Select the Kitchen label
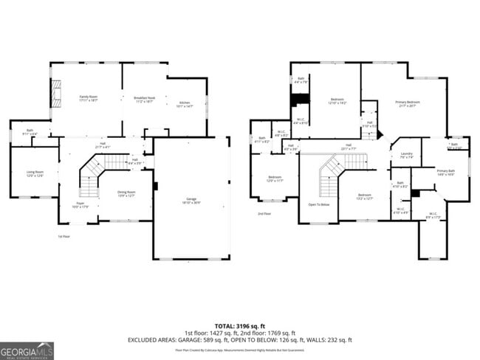click(x=185, y=105)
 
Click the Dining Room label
click(x=126, y=194)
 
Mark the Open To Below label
click(x=318, y=204)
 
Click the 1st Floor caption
click(x=64, y=236)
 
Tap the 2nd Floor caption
click(x=264, y=214)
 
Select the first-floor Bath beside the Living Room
click(x=30, y=132)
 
